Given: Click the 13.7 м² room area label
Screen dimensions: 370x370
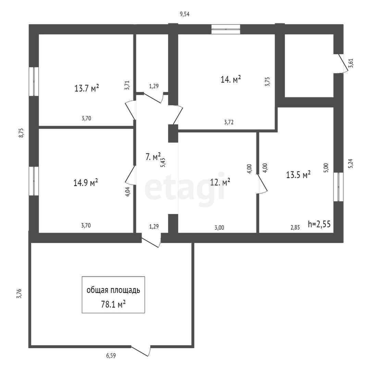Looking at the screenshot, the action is click(87, 88).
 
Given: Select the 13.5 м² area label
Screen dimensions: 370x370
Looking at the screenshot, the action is click(298, 175).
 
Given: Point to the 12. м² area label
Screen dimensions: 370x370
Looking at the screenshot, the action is click(220, 182).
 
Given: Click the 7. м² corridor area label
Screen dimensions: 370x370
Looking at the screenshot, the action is click(153, 157).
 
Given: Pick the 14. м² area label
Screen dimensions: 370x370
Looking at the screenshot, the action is click(231, 79).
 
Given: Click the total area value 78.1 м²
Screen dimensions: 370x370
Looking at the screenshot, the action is click(113, 304).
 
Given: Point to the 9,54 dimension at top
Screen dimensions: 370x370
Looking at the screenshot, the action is click(185, 14).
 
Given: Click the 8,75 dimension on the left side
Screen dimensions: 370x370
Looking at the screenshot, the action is click(21, 133).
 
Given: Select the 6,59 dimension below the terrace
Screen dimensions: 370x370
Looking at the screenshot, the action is click(110, 356).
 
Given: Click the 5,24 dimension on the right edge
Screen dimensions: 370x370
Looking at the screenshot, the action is click(350, 164).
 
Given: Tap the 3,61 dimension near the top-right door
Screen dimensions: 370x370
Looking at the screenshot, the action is click(350, 63).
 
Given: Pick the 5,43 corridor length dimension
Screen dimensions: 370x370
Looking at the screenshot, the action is click(163, 162).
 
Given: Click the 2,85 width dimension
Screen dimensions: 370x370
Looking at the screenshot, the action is click(295, 227).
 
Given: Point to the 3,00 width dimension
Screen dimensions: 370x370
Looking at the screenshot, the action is click(219, 227).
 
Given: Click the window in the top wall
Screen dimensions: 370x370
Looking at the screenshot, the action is click(225, 29).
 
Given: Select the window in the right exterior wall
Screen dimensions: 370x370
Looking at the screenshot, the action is click(338, 187).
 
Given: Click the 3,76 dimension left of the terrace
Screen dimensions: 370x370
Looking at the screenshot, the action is click(19, 294).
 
